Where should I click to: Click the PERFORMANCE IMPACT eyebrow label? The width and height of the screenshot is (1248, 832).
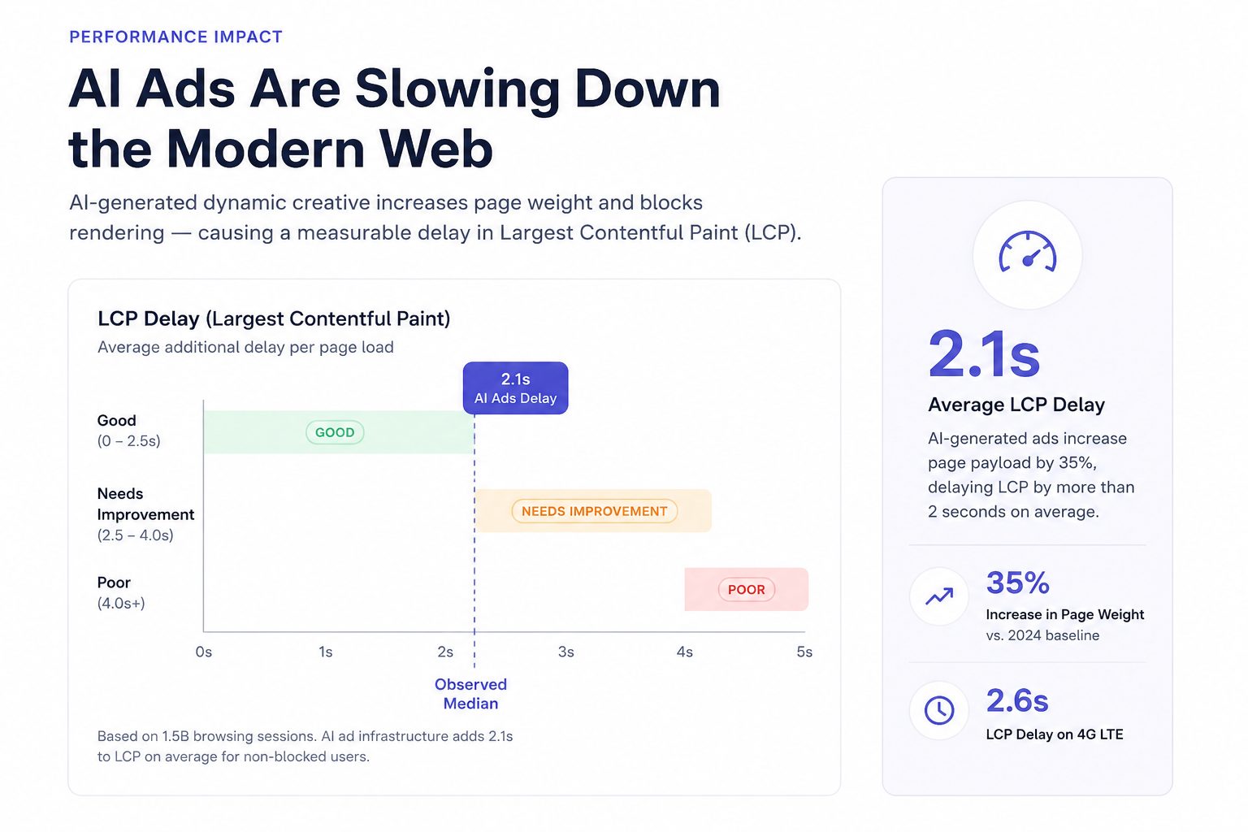tap(175, 37)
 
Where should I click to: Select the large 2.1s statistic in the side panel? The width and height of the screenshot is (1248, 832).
tap(984, 354)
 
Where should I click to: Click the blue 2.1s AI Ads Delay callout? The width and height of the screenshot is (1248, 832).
tap(515, 388)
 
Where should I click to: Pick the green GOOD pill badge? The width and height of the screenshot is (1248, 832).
tap(335, 432)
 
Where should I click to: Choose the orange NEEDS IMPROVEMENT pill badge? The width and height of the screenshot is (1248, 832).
tap(595, 511)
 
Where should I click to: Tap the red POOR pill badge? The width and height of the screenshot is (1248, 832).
tap(747, 590)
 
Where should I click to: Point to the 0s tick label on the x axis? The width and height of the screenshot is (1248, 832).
tap(204, 652)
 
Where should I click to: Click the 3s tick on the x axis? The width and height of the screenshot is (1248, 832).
tap(566, 652)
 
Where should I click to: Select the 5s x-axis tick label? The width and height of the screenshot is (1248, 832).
tap(804, 652)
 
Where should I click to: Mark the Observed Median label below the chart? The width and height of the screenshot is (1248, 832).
tap(470, 694)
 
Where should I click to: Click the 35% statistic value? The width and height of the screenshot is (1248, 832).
tap(1018, 583)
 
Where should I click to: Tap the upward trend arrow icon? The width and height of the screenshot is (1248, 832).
tap(939, 597)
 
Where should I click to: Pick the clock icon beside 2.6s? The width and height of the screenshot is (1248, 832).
tap(939, 710)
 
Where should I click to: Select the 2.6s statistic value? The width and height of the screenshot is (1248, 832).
tap(1017, 700)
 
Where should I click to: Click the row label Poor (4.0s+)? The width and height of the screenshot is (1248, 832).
tap(121, 593)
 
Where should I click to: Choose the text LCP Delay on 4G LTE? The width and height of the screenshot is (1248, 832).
tap(1055, 734)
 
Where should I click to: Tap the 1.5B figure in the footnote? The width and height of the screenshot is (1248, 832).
tap(175, 736)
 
